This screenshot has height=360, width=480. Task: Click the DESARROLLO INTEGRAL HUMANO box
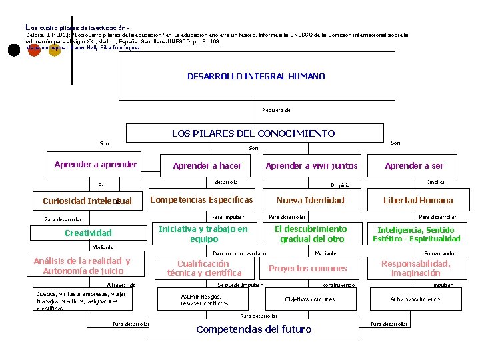256,77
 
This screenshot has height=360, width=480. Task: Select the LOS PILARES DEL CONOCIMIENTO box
253,133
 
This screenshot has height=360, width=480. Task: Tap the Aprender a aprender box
95,165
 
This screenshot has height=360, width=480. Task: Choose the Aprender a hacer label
207,166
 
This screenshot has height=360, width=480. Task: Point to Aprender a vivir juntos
311,166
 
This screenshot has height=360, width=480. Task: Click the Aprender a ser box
414,166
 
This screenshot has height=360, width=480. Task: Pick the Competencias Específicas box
201,200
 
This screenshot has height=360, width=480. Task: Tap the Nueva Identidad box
310,201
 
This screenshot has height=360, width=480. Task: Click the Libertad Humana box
417,201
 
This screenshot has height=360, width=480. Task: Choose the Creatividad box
87,233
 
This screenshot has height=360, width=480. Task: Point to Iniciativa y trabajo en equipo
203,234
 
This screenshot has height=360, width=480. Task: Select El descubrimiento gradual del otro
311,234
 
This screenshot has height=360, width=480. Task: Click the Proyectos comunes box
307,269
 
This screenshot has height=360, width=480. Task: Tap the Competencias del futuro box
253,329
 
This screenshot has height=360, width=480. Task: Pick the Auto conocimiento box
415,299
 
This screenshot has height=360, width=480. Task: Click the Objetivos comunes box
309,299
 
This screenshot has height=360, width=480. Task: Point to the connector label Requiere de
276,110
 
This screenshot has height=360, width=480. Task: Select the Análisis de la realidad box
81,266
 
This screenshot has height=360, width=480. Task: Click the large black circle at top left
13,51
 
